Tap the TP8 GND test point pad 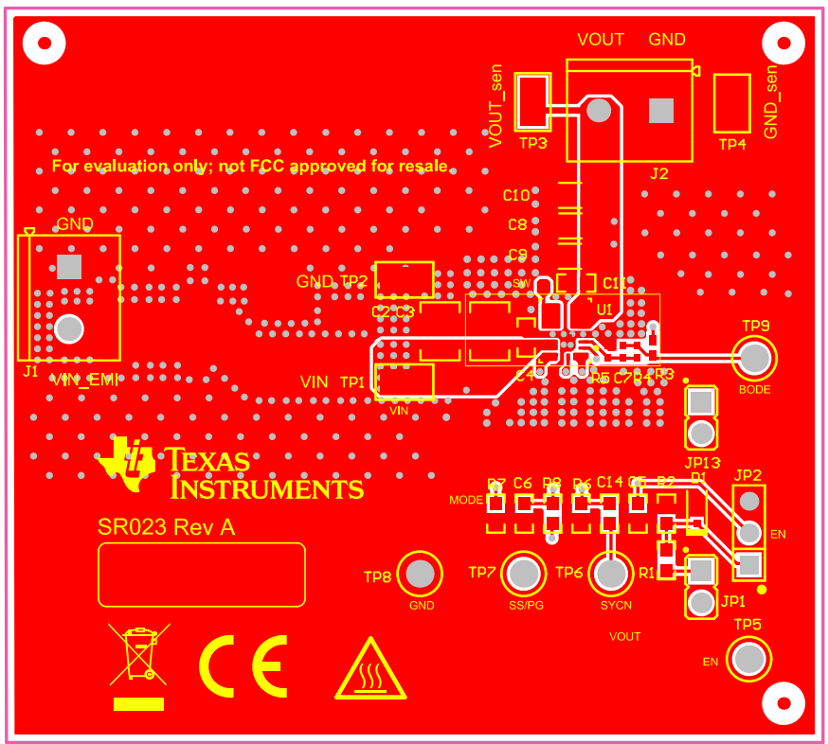[x=421, y=574]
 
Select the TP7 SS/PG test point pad [x=523, y=574]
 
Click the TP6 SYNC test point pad [x=611, y=573]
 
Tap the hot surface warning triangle [x=370, y=669]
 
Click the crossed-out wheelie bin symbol [x=138, y=654]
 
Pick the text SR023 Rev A [x=167, y=528]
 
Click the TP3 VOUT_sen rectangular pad [x=533, y=102]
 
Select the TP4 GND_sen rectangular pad [x=731, y=102]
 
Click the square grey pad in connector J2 [x=660, y=111]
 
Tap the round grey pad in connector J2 [x=598, y=111]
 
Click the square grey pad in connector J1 [x=68, y=267]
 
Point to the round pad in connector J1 [x=68, y=328]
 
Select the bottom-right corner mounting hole [x=783, y=703]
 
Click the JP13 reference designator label [x=702, y=463]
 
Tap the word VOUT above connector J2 [x=601, y=39]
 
